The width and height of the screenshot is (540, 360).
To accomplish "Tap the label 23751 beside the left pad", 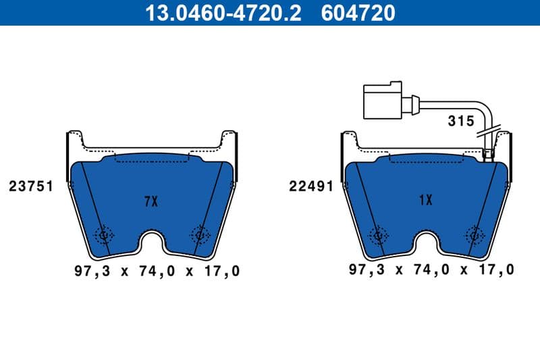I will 31,186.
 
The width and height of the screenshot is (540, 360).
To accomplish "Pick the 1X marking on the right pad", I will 425,201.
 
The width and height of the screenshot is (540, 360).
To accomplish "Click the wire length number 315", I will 460,122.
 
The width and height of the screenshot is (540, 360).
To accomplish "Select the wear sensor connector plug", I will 385,102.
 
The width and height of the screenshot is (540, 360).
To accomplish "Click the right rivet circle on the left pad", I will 200,234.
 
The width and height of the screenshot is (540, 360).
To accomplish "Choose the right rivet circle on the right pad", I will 475,234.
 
